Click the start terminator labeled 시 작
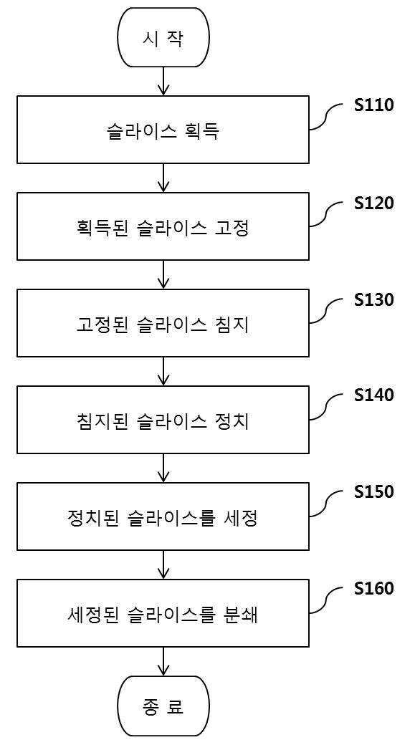(x=163, y=37)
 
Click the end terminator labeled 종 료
(x=163, y=706)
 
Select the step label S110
(x=374, y=105)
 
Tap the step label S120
(x=374, y=203)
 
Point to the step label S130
(x=374, y=300)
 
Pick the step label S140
(x=374, y=395)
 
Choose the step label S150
(x=374, y=491)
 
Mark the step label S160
(x=374, y=588)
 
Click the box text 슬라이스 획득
(x=163, y=132)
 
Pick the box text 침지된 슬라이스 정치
(x=163, y=421)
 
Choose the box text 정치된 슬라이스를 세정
(x=163, y=519)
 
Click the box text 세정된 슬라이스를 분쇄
(x=163, y=615)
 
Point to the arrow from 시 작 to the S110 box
(x=163, y=81)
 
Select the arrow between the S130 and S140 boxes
(x=163, y=371)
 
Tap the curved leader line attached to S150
(x=327, y=505)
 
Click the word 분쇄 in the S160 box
(x=239, y=615)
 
